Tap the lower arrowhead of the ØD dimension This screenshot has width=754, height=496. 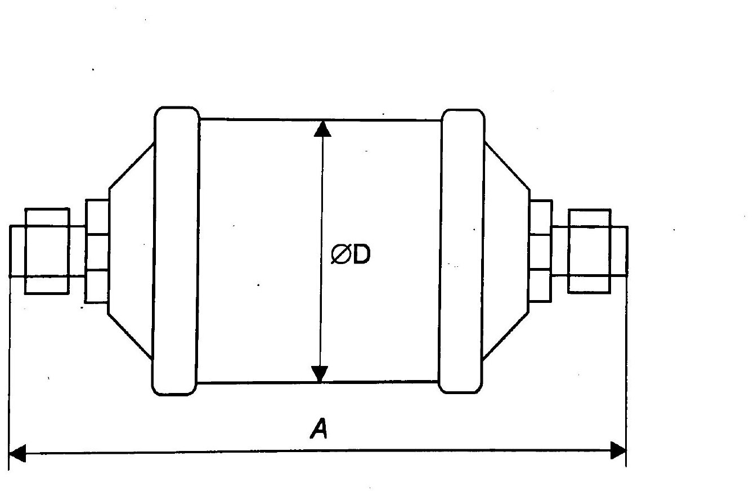(x=320, y=373)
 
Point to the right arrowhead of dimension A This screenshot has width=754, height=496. (x=618, y=450)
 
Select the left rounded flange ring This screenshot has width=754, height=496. (x=176, y=251)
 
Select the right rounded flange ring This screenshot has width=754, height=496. (x=462, y=251)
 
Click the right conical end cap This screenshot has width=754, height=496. (x=506, y=251)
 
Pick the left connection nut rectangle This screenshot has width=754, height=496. (x=47, y=251)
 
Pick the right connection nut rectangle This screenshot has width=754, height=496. (x=589, y=251)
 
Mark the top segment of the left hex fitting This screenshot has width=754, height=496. (x=97, y=216)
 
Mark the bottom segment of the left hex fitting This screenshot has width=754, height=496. (x=97, y=286)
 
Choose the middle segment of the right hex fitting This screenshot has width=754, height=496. (x=540, y=252)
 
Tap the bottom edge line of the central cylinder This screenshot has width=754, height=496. (x=259, y=382)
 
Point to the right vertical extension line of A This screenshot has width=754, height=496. (x=626, y=366)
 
